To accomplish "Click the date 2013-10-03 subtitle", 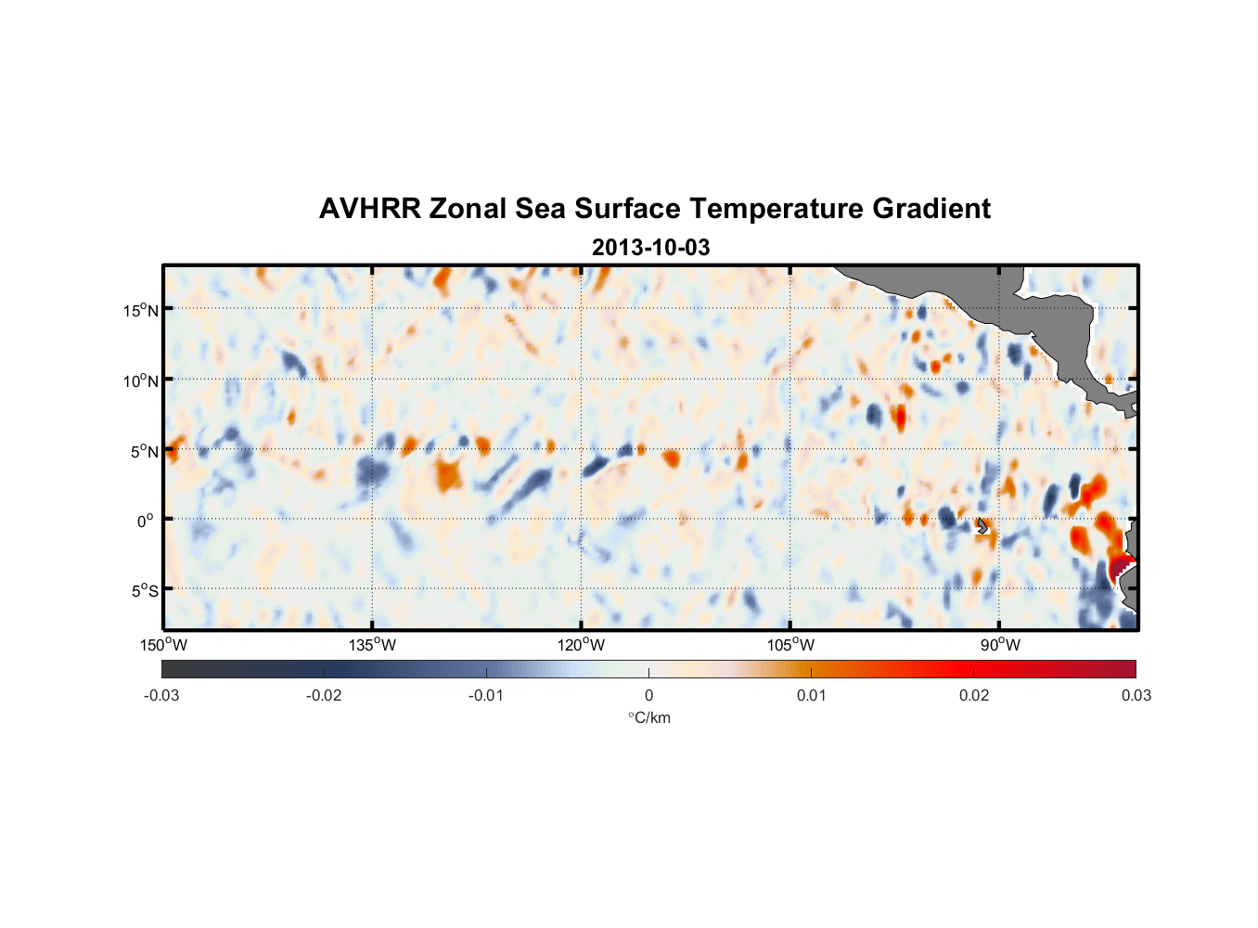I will click(x=650, y=248).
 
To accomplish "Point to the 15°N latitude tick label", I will click(x=141, y=310).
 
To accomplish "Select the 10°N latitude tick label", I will click(x=141, y=380).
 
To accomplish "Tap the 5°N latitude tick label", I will click(x=144, y=451).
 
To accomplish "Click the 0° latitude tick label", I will click(x=146, y=522).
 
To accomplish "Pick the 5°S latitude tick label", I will click(x=144, y=591).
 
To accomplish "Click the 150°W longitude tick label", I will click(x=164, y=645).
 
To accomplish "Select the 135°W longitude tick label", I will click(x=373, y=645).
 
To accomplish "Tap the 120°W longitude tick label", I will click(x=582, y=645).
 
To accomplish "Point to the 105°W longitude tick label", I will click(x=790, y=645).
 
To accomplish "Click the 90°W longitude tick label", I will click(x=999, y=645).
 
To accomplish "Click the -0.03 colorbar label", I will click(x=161, y=696).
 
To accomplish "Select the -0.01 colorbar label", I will click(x=486, y=696).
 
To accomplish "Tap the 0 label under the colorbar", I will click(x=648, y=696).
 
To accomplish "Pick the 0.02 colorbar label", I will click(x=974, y=696).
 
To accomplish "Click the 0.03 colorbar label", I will click(x=1136, y=696).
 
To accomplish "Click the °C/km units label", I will click(x=648, y=717).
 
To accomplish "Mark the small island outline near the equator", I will click(x=982, y=525).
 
